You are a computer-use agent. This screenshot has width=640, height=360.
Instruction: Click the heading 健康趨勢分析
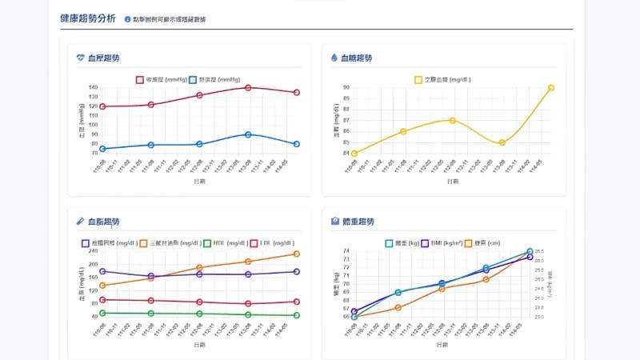[87, 18]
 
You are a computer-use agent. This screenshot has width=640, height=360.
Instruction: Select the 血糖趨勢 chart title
[356, 58]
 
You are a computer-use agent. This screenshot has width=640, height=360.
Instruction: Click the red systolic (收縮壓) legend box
[140, 80]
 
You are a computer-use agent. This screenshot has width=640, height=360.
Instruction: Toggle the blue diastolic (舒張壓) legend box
[193, 80]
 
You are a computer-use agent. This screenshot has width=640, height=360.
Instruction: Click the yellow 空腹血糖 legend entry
[418, 80]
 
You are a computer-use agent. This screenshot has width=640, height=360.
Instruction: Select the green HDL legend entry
[207, 242]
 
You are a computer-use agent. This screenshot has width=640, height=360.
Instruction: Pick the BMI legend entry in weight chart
[426, 242]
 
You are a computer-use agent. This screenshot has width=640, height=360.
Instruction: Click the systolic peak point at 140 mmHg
[248, 87]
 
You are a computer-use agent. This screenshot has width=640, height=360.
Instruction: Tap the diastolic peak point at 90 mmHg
[248, 134]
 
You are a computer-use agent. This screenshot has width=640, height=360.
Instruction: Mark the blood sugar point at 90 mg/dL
[551, 88]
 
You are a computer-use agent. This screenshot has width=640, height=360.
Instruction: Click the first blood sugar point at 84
[354, 154]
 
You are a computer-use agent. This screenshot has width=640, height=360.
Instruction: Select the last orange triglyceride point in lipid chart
[297, 254]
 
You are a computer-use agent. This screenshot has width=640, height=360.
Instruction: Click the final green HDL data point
[297, 315]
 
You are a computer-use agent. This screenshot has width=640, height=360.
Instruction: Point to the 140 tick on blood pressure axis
[93, 87]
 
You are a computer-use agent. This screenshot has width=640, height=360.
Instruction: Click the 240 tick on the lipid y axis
[93, 251]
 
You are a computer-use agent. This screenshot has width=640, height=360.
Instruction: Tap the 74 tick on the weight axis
[346, 251]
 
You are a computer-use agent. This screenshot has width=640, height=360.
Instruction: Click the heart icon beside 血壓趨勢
[80, 58]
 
